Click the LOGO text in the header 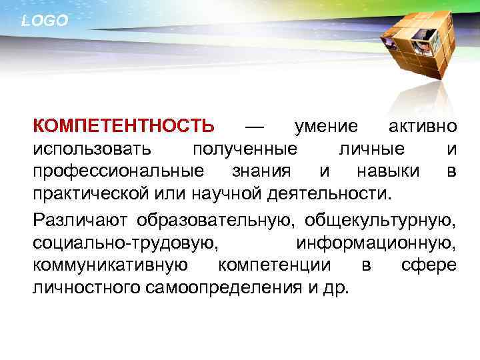45,21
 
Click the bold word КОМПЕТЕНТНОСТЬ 124,125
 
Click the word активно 423,125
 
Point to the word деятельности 344,195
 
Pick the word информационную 377,242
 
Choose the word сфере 429,265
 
